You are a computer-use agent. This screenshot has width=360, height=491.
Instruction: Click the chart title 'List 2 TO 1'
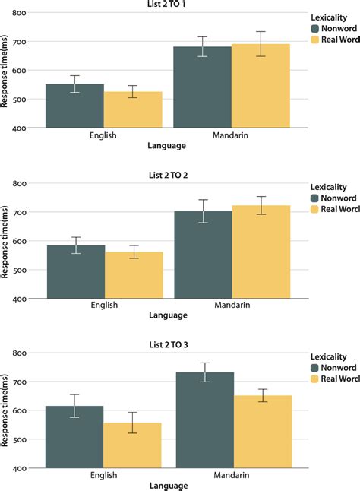click(169, 5)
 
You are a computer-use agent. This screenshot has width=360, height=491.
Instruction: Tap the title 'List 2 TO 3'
click(169, 344)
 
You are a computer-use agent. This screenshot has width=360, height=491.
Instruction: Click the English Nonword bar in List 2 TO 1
click(74, 106)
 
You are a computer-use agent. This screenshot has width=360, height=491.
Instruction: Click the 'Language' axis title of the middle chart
click(169, 314)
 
